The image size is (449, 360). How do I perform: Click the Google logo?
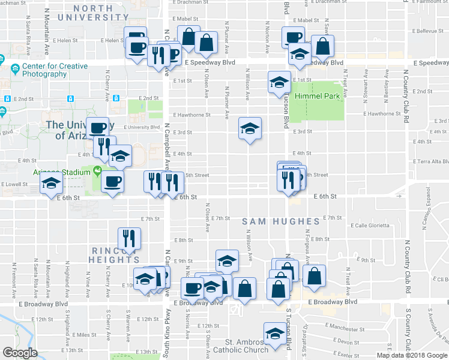pos(20,353)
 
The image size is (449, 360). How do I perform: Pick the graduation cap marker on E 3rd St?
pos(250,128)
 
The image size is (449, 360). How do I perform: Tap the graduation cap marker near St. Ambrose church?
pos(275,334)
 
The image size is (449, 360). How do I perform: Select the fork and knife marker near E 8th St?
pos(129,238)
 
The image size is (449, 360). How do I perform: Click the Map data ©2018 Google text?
pos(411,355)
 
